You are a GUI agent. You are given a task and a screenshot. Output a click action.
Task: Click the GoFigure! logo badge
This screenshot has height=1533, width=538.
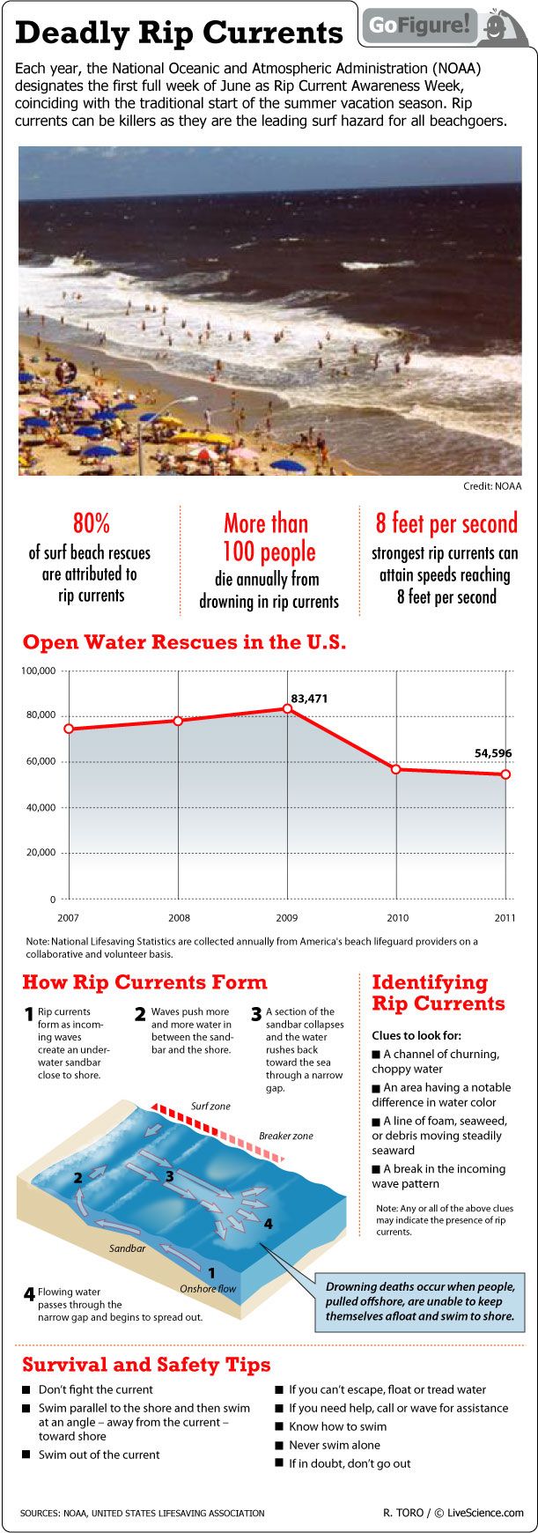click(x=444, y=26)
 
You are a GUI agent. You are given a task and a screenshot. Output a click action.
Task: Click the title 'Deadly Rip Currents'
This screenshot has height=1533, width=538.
click(x=179, y=33)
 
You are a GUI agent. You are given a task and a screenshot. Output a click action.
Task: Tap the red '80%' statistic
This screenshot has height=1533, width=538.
click(x=91, y=523)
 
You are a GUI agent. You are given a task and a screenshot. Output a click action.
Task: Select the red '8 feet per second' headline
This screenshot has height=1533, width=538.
click(x=446, y=523)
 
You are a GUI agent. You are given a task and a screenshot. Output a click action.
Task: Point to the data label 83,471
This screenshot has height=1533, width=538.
click(x=309, y=699)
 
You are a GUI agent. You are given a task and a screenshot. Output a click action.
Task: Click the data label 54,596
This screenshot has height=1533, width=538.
click(x=493, y=753)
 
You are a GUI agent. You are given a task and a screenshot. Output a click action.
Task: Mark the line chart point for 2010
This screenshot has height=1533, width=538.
click(x=396, y=769)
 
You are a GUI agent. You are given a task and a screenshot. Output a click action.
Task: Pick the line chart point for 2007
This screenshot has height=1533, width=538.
click(x=69, y=729)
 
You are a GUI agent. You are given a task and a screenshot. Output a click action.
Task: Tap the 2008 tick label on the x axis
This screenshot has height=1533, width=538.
click(x=179, y=918)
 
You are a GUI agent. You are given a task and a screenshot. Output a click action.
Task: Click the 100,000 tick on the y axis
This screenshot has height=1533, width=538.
click(x=38, y=671)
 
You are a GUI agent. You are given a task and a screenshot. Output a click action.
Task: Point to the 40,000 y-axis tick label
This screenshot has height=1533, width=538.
click(x=41, y=807)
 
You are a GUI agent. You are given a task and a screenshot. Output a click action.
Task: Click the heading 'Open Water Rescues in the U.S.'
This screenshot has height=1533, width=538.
click(x=184, y=642)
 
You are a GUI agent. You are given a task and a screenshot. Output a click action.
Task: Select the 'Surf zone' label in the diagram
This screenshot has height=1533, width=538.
click(x=210, y=1106)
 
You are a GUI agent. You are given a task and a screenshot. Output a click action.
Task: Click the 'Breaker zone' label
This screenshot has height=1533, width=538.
click(x=286, y=1136)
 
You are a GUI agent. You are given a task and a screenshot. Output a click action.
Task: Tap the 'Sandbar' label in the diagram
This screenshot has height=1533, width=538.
click(x=127, y=1248)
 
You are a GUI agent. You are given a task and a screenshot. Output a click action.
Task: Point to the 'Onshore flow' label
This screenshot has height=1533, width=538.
click(x=208, y=1288)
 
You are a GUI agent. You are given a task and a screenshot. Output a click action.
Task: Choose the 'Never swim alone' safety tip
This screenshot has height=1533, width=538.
click(x=335, y=1445)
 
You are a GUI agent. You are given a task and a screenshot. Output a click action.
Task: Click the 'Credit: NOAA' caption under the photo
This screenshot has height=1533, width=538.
click(x=492, y=486)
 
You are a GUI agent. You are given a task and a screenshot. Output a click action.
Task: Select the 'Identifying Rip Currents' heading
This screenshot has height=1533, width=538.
click(x=439, y=993)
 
